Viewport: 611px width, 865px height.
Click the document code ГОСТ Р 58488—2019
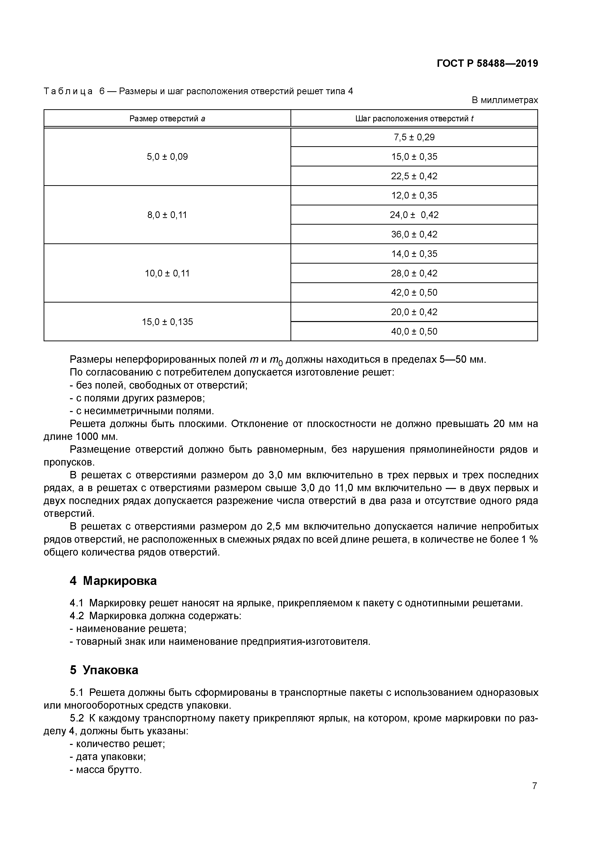pos(487,63)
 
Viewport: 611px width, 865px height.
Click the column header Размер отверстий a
pos(167,119)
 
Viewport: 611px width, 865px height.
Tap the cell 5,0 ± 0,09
pos(167,157)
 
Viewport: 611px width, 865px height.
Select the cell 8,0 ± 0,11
pos(167,215)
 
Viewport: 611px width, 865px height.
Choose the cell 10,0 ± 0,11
pos(167,273)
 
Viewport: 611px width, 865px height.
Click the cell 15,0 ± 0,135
pos(167,322)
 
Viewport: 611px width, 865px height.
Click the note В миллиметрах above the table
pos(505,100)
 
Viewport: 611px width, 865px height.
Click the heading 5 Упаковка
pos(104,670)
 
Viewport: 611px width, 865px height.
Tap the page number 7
pos(534,786)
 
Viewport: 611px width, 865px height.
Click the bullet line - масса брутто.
pos(106,770)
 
